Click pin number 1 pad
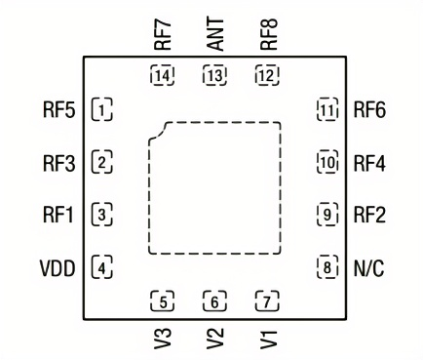pos(101,108)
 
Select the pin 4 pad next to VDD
pos(101,265)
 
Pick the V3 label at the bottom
pos(163,337)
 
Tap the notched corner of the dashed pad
pos(161,129)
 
